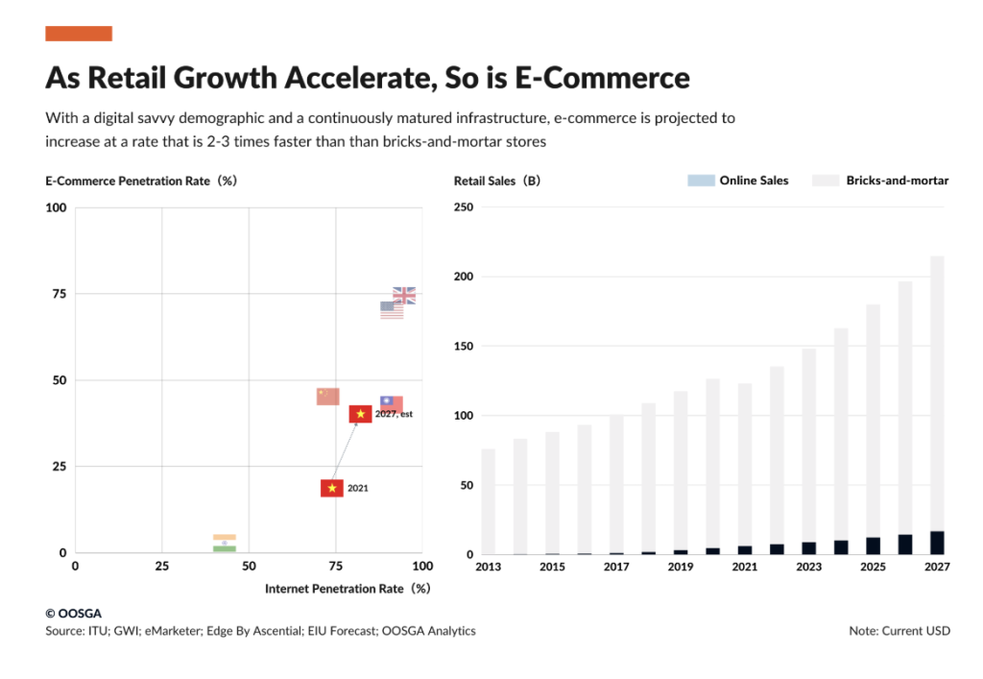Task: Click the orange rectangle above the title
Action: pyautogui.click(x=79, y=34)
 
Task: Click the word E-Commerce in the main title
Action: pyautogui.click(x=602, y=78)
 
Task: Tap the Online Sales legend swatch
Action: pyautogui.click(x=701, y=181)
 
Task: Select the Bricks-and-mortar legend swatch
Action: pyautogui.click(x=825, y=181)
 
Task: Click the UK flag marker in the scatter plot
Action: pyautogui.click(x=404, y=295)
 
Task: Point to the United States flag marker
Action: pyautogui.click(x=392, y=310)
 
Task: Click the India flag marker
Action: pyautogui.click(x=225, y=543)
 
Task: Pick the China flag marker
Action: pyautogui.click(x=328, y=397)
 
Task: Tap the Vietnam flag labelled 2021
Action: pyautogui.click(x=332, y=488)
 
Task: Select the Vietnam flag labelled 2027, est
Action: pyautogui.click(x=361, y=414)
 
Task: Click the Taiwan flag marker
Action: pyautogui.click(x=392, y=403)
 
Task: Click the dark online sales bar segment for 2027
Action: pyautogui.click(x=937, y=543)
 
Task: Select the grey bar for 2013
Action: pyautogui.click(x=489, y=501)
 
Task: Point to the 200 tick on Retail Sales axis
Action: pyautogui.click(x=464, y=277)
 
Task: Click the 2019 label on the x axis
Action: pyautogui.click(x=681, y=567)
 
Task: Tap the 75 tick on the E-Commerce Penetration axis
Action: pyautogui.click(x=59, y=294)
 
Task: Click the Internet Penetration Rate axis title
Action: pyautogui.click(x=348, y=589)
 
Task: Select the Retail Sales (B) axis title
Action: pyautogui.click(x=497, y=181)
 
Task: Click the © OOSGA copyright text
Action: pyautogui.click(x=73, y=613)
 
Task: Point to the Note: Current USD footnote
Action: pyautogui.click(x=899, y=631)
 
